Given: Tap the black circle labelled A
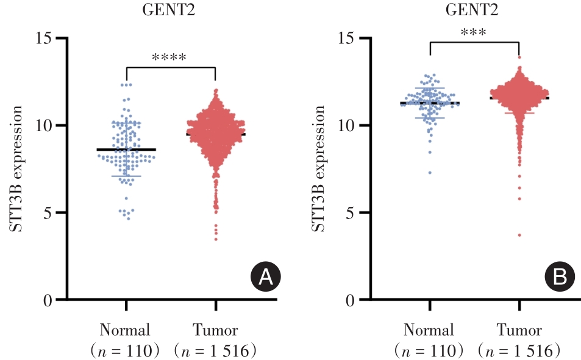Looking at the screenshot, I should [x=266, y=278].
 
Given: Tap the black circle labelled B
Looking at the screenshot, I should [x=560, y=278].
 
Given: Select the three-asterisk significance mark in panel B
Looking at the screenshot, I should [x=474, y=32].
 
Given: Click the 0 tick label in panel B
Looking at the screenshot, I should [x=350, y=300].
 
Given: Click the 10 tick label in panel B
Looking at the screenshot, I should [x=346, y=125].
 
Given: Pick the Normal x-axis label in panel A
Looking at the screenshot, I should [x=125, y=331].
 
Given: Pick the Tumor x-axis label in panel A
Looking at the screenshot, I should [x=215, y=331].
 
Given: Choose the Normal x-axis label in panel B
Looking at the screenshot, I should [x=429, y=331].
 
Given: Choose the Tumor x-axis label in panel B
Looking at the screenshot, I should [x=519, y=331].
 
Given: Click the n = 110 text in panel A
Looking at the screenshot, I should [x=125, y=351].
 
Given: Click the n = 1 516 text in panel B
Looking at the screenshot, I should [x=519, y=351].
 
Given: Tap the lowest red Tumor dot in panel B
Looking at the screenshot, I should [x=519, y=235].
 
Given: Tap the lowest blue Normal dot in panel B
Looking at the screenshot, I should [x=430, y=173].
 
